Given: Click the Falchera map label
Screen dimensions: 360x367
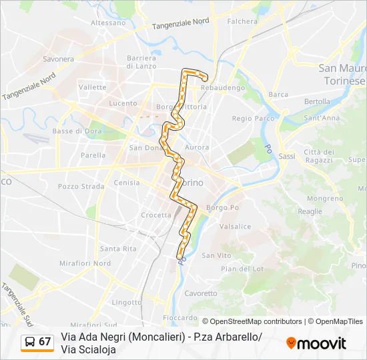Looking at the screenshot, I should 242,21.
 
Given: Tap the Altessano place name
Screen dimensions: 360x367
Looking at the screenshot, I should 108,22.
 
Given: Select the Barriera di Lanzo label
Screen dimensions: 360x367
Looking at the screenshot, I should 141,62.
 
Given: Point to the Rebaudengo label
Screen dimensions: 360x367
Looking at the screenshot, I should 224,87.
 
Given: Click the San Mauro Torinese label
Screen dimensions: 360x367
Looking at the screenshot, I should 342,73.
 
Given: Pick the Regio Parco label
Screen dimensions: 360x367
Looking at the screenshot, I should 252,118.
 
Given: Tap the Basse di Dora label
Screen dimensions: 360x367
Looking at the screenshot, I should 73,131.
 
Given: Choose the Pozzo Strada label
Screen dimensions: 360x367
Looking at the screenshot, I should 81,187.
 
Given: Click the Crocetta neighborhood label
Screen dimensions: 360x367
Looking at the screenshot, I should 156,215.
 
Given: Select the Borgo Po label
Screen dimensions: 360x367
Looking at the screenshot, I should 222,207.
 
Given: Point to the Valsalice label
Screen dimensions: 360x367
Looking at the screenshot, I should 235,227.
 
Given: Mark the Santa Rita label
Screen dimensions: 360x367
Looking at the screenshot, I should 118,249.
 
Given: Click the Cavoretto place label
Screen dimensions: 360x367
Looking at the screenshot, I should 201,293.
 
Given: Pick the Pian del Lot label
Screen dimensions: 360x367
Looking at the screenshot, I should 243,269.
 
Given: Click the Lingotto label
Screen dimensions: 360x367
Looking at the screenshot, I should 127,302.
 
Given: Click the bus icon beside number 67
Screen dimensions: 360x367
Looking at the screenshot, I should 30,341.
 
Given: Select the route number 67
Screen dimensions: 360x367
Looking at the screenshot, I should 45,341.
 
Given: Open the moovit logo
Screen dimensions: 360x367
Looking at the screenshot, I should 316,343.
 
